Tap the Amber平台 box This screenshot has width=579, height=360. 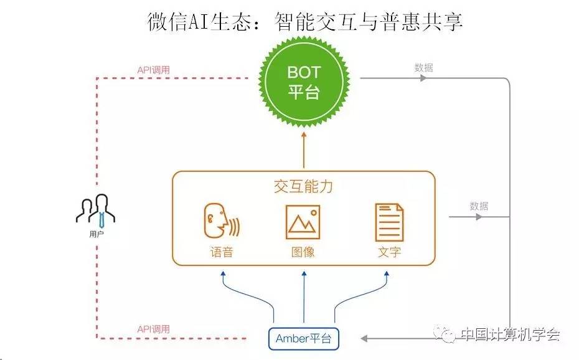(x=304, y=339)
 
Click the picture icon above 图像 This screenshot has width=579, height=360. (x=303, y=222)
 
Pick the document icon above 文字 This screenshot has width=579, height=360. (x=389, y=222)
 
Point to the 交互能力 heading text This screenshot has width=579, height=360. (x=303, y=186)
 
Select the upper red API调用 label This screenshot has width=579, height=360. (x=153, y=69)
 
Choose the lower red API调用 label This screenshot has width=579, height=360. (x=153, y=329)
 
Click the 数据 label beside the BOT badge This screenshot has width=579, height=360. (x=423, y=68)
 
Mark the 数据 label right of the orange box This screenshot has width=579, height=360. (x=479, y=206)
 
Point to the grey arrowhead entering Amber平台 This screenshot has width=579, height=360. (x=365, y=339)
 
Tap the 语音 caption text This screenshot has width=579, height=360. (x=221, y=252)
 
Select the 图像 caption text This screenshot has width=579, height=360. (x=303, y=252)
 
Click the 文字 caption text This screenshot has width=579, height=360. (x=389, y=252)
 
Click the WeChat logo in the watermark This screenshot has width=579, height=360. (x=447, y=334)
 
